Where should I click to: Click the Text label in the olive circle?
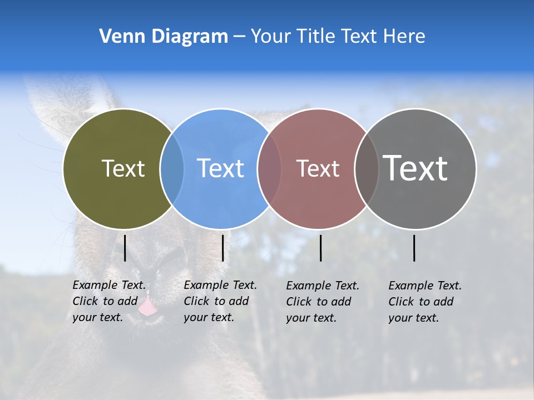pyautogui.click(x=123, y=168)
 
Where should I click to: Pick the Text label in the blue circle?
pyautogui.click(x=221, y=168)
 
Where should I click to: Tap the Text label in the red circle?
pyautogui.click(x=318, y=168)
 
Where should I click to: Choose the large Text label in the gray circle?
pyautogui.click(x=416, y=168)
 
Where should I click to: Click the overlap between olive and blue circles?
pyautogui.click(x=172, y=169)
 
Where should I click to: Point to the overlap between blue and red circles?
pyautogui.click(x=269, y=169)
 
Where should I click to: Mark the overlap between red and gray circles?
pyautogui.click(x=367, y=169)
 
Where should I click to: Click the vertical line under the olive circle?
pyautogui.click(x=125, y=248)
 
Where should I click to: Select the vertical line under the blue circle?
pyautogui.click(x=222, y=248)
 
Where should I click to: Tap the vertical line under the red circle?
pyautogui.click(x=320, y=248)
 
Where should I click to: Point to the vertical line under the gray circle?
pyautogui.click(x=414, y=248)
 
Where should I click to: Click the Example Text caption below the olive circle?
pyautogui.click(x=109, y=301)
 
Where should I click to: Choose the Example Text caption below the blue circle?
pyautogui.click(x=220, y=301)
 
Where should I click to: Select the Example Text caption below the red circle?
pyautogui.click(x=323, y=302)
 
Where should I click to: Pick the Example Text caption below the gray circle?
pyautogui.click(x=425, y=302)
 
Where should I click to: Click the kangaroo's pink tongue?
pyautogui.click(x=147, y=307)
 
